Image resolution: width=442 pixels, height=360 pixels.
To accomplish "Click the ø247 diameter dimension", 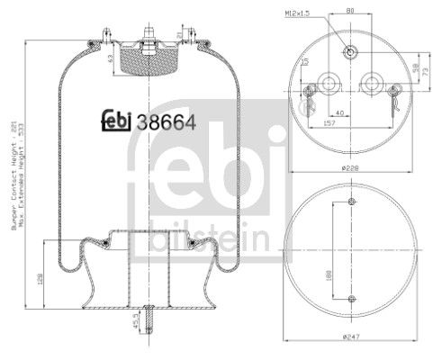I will (352, 338).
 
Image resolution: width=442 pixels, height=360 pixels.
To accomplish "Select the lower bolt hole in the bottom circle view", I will (352, 298).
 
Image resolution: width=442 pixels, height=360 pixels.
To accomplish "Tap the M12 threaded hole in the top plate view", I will (350, 52).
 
